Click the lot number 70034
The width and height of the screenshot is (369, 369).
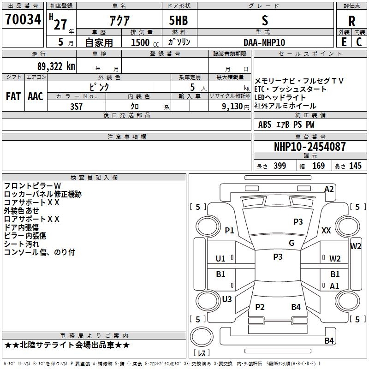23,19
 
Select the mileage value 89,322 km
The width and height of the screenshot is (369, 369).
56,66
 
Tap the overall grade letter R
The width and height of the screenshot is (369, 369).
351,21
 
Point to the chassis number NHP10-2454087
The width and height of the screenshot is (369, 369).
309,147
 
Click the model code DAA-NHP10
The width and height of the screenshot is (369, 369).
264,42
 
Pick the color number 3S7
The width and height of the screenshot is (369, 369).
76,107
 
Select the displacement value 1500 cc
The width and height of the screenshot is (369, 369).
145,42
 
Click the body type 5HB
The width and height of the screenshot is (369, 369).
179,20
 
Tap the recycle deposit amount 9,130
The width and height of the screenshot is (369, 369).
232,107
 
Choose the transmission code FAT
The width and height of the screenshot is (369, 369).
13,96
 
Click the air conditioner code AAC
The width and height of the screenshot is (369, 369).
36,96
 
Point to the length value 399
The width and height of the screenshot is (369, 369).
280,166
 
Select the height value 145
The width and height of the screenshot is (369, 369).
355,166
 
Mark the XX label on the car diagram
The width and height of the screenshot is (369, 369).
326,230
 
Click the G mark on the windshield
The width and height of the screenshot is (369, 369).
292,243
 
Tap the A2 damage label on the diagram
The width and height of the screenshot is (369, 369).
329,189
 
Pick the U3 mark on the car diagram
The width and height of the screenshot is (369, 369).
227,299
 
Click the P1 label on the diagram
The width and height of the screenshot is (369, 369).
229,230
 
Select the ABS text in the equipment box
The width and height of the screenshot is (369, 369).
265,125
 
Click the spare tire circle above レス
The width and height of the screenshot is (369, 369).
202,336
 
